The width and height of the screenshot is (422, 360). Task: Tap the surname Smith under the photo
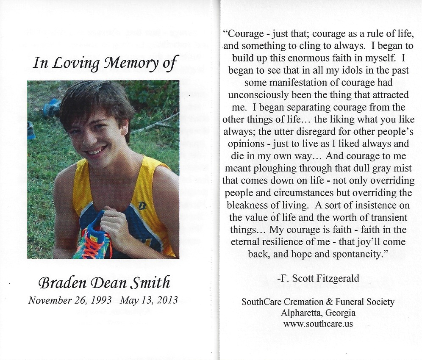[x=151, y=282]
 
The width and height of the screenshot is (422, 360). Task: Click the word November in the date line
[x=47, y=301]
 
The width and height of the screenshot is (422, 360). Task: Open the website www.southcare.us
[x=318, y=324]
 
